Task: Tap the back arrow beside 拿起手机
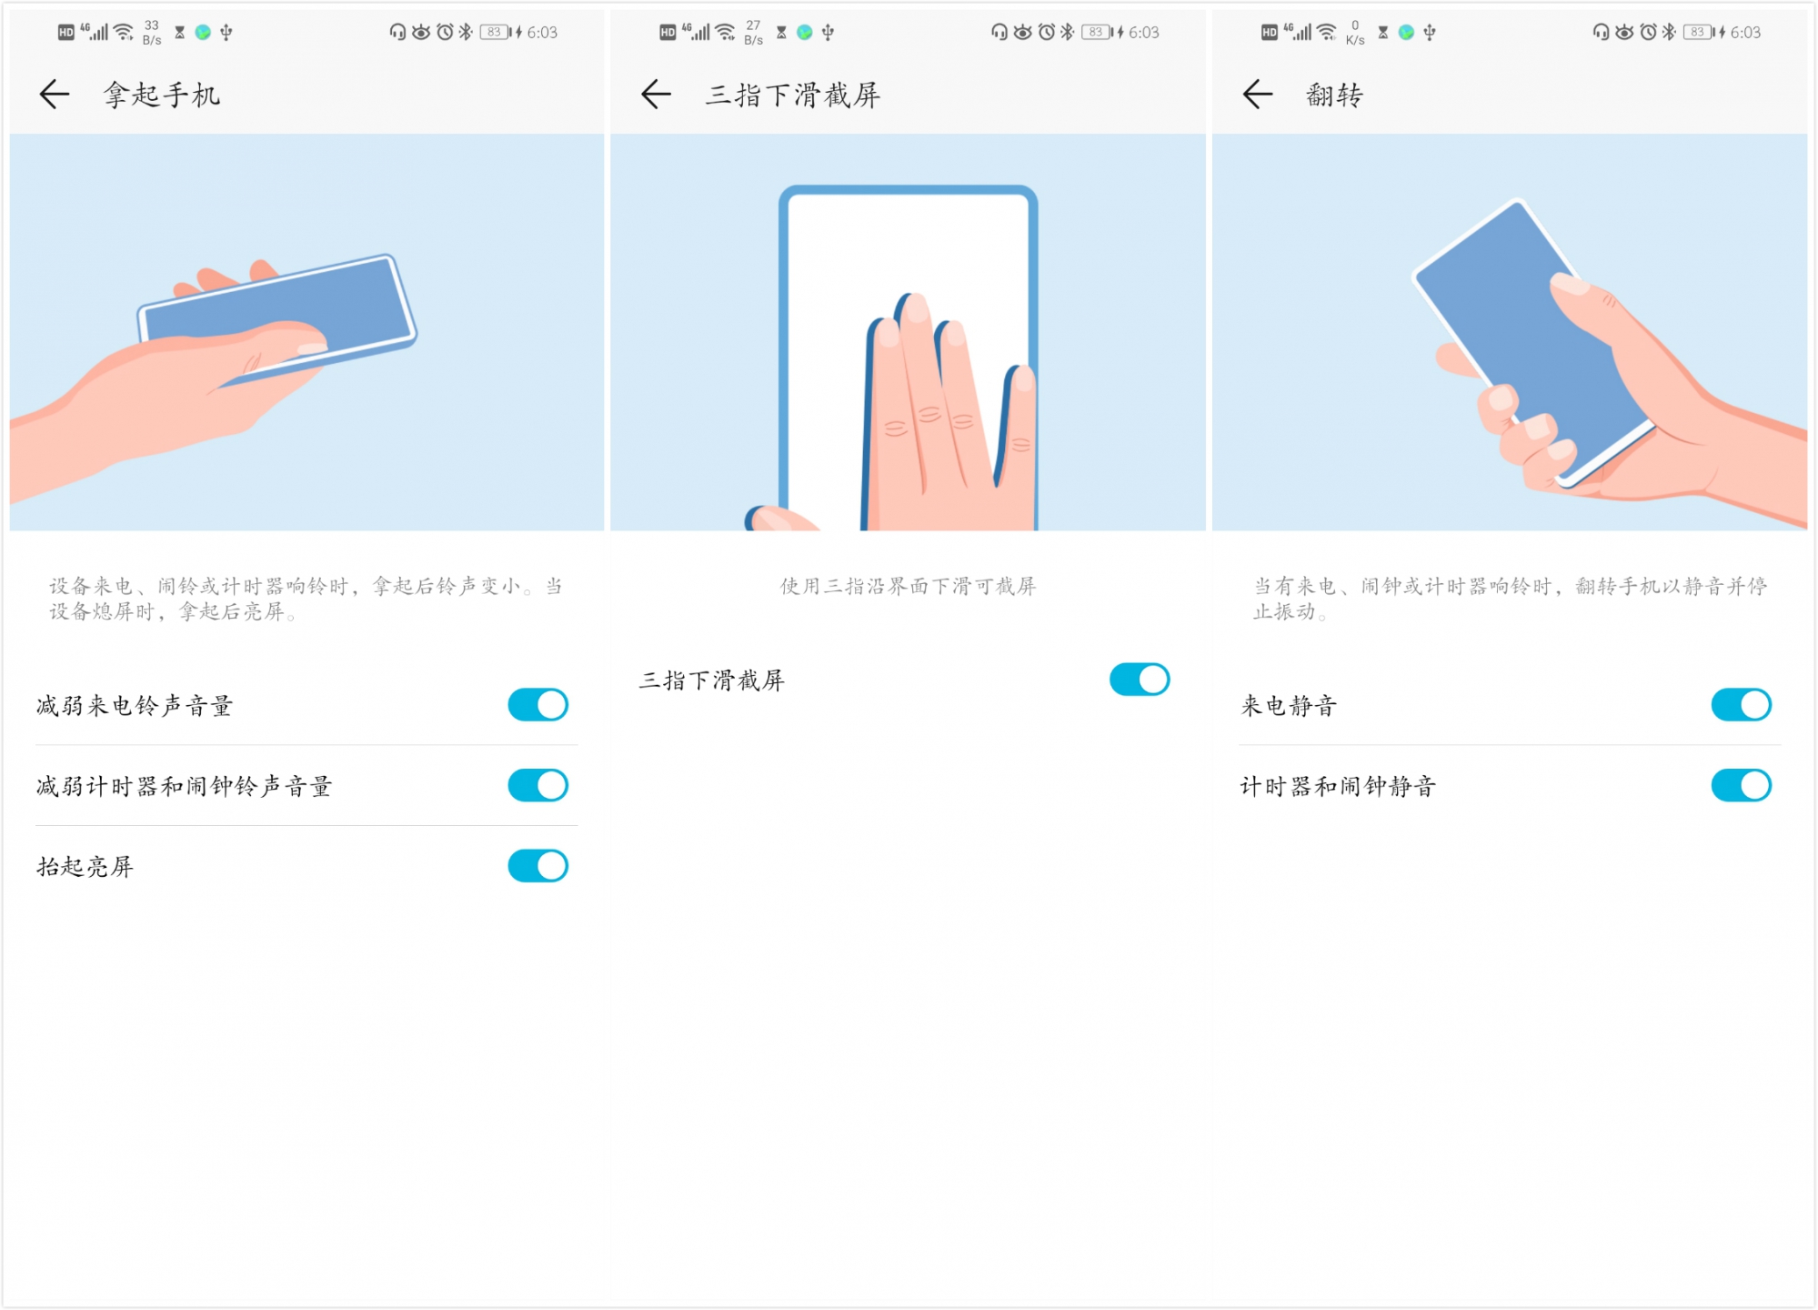pos(55,94)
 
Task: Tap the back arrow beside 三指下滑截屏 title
pos(656,94)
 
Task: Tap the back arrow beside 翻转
pos(1258,94)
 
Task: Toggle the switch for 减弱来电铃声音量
pos(537,705)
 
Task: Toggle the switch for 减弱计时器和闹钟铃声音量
pos(537,786)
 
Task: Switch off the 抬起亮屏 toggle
pos(537,866)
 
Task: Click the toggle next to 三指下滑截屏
pos(1140,680)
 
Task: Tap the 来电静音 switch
pos(1741,705)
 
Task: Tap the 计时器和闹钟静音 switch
pos(1741,786)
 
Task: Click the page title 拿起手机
pos(162,95)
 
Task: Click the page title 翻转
pos(1334,95)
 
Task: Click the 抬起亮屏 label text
pos(85,867)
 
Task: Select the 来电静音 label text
pos(1289,706)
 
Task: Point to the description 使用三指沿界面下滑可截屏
pos(908,587)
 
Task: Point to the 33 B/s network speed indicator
pos(152,33)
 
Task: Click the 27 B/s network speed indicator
pos(753,33)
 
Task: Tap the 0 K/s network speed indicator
pos(1355,33)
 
